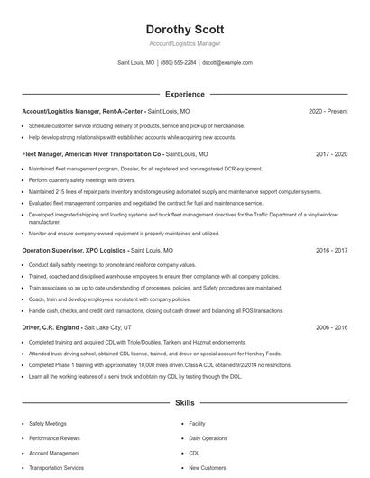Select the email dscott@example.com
pyautogui.click(x=227, y=63)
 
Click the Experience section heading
pyautogui.click(x=184, y=94)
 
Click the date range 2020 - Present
pyautogui.click(x=328, y=111)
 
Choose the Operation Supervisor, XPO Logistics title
pyautogui.click(x=74, y=250)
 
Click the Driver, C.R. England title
pyautogui.click(x=51, y=327)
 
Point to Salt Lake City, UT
pyautogui.click(x=107, y=327)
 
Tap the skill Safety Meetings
pyautogui.click(x=48, y=423)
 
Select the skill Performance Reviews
pyautogui.click(x=55, y=438)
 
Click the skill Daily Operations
pyautogui.click(x=208, y=438)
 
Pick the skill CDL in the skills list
pyautogui.click(x=194, y=453)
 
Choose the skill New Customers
pyautogui.click(x=207, y=468)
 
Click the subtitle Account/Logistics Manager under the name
pyautogui.click(x=184, y=43)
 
